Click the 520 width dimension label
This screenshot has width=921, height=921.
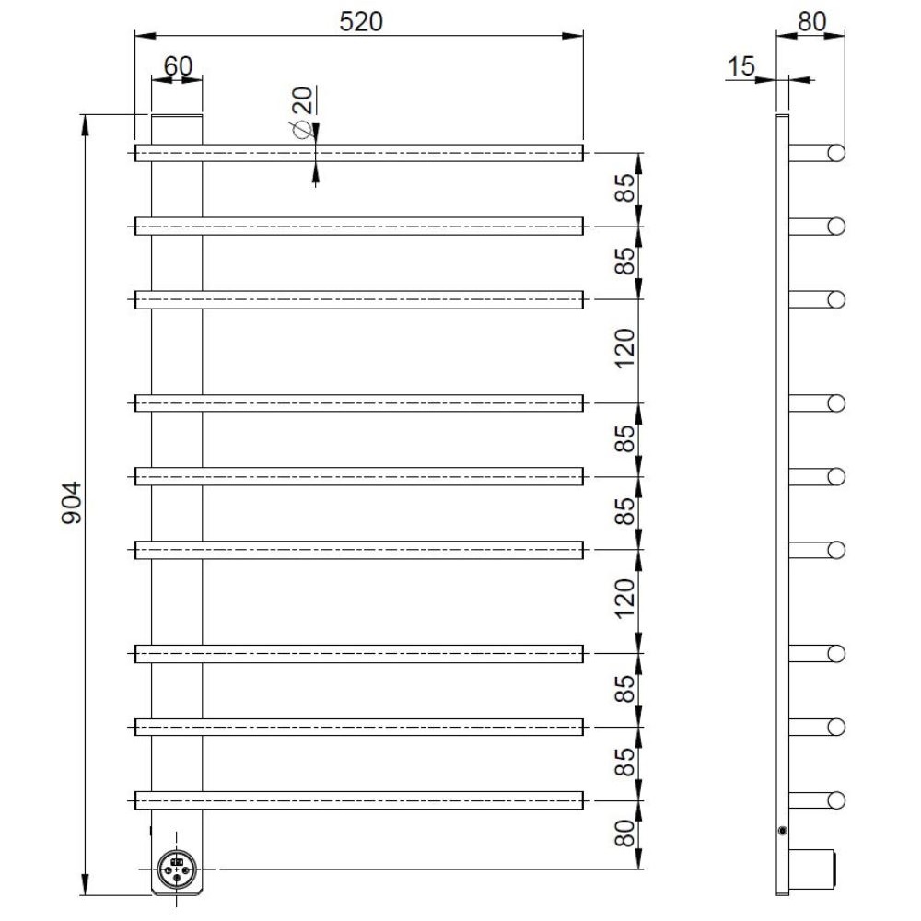coord(361,22)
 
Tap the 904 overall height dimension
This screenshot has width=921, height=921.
coord(72,503)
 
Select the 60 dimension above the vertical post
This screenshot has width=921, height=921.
coord(178,65)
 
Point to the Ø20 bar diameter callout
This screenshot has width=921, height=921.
coord(302,112)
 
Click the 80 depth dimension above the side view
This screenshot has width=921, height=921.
coord(811,22)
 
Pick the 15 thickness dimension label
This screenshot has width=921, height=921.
coord(740,66)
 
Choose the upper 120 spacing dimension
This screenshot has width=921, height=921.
coord(624,348)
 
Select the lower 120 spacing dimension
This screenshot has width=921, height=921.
coord(624,599)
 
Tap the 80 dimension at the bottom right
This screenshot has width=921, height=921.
coord(624,834)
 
